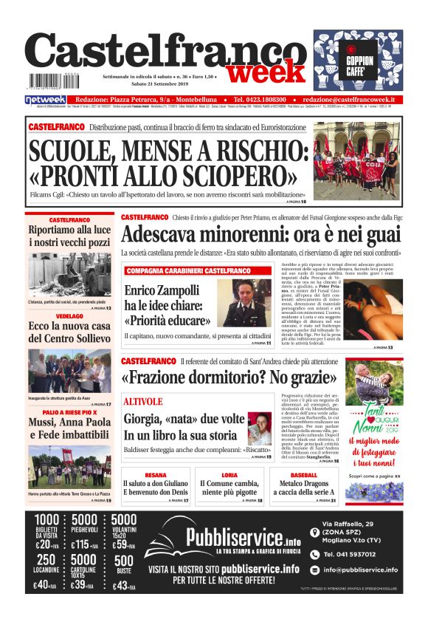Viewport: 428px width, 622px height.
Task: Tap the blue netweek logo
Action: click(46, 100)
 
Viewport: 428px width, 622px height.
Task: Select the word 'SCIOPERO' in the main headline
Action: click(227, 175)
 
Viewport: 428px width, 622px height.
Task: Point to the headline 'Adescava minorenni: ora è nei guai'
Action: click(262, 235)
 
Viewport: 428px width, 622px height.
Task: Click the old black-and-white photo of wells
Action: click(71, 275)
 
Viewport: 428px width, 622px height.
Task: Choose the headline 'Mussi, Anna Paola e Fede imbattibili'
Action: click(70, 428)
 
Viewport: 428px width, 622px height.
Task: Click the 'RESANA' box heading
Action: click(156, 475)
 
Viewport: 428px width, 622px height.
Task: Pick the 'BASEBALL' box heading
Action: click(303, 475)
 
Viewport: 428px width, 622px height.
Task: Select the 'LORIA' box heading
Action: click(229, 475)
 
